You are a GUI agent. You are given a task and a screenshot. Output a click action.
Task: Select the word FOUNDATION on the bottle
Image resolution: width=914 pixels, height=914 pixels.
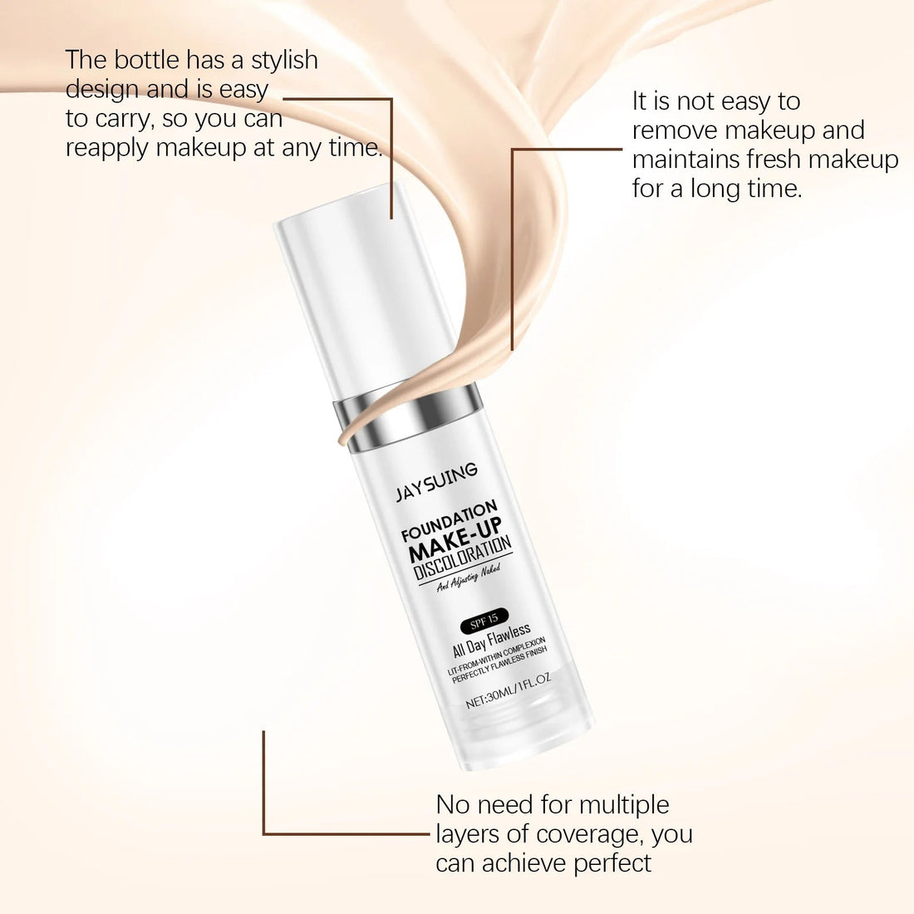click(449, 519)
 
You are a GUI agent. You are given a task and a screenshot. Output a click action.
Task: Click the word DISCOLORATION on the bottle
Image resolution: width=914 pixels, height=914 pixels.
click(463, 557)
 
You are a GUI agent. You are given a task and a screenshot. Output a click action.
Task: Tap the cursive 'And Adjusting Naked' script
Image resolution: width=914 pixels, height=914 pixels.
click(469, 578)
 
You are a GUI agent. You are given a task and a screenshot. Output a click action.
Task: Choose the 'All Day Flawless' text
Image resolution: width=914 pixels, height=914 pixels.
click(491, 640)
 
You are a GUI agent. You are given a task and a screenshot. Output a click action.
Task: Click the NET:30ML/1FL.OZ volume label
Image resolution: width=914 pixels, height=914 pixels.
click(509, 690)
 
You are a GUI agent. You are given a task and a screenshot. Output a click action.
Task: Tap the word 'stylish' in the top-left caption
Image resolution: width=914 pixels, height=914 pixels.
click(284, 61)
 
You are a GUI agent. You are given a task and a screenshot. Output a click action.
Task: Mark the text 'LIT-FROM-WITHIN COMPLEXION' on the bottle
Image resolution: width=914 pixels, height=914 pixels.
click(497, 656)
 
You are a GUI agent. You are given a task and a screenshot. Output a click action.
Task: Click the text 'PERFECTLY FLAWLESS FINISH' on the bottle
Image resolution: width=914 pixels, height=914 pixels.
click(499, 665)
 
